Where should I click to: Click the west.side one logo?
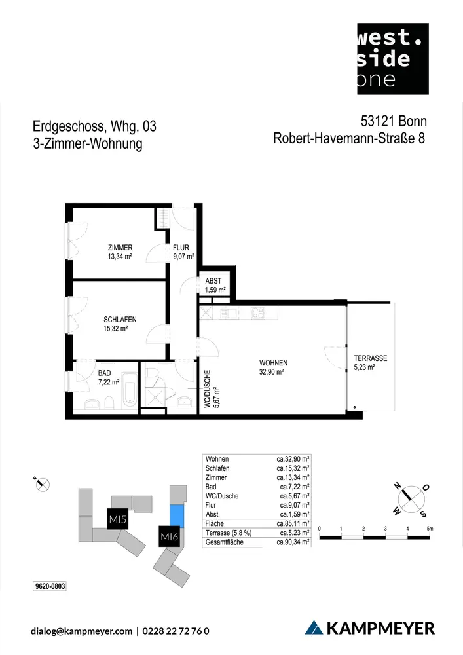(x=392, y=58)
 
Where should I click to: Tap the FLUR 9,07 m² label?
(x=183, y=252)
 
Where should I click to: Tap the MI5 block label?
(x=117, y=521)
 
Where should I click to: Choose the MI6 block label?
(x=170, y=538)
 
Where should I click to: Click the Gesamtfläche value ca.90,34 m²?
(x=293, y=543)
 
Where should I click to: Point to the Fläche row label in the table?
(x=215, y=524)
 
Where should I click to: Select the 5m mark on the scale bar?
(x=430, y=528)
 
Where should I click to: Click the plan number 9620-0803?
(x=50, y=585)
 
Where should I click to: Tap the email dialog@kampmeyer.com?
(x=81, y=631)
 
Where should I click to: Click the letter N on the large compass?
(x=397, y=486)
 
